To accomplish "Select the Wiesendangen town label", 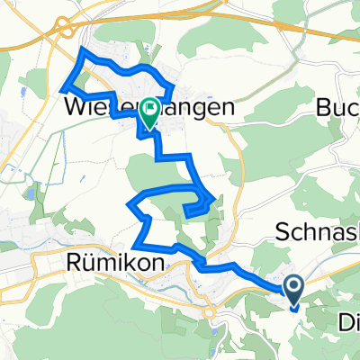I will point(150,106).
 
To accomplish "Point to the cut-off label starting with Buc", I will point(338,106).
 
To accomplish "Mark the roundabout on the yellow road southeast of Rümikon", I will point(209,312).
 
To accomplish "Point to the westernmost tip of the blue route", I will point(61,88).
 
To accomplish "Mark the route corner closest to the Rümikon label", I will point(134,245).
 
